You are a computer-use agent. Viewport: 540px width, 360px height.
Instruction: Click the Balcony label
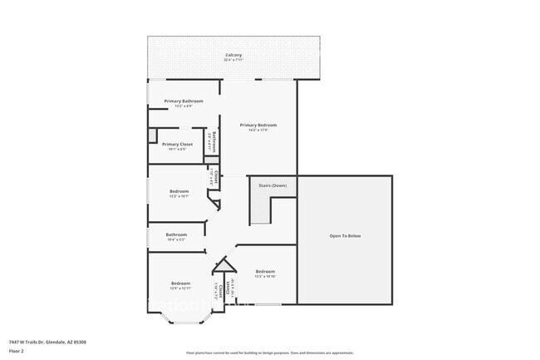pos(233,55)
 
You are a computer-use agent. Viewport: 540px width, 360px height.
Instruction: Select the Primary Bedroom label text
pos(258,125)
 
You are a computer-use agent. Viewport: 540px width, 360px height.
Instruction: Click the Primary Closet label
pos(177,144)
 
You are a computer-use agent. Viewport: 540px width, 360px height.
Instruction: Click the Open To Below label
pos(345,236)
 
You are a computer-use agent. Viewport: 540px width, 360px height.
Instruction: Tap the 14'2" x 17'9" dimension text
pos(258,130)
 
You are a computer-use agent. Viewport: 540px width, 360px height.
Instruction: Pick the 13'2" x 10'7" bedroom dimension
pos(179,196)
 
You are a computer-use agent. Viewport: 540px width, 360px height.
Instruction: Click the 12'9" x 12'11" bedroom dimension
pos(181,288)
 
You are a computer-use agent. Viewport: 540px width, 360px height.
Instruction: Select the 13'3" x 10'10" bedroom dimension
pos(265,276)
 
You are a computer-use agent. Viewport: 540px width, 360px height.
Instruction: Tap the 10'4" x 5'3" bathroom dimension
pos(176,239)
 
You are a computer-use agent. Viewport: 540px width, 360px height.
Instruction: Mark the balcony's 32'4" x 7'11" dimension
pos(233,61)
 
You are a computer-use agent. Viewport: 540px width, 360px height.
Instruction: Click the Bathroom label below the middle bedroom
pos(176,234)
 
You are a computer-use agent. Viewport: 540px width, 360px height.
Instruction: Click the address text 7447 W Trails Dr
pos(47,342)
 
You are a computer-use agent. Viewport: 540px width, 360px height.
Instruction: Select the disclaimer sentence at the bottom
pos(269,353)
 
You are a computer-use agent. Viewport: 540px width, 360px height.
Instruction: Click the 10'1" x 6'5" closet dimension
pos(177,149)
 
